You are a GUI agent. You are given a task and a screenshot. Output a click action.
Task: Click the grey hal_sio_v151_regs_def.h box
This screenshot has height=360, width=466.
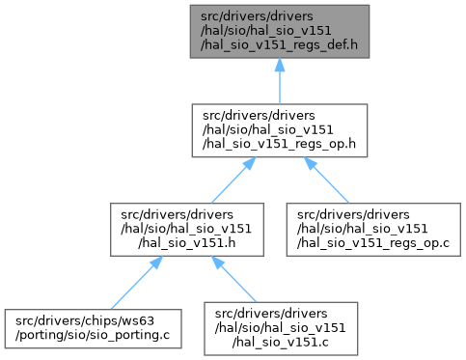point(280,32)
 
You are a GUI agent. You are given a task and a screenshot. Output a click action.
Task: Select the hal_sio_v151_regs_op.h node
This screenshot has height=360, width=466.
point(280,130)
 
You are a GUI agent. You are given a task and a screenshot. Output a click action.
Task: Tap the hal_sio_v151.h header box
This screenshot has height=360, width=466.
point(187,230)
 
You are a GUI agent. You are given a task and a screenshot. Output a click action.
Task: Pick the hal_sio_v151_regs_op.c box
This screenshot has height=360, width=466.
point(373,230)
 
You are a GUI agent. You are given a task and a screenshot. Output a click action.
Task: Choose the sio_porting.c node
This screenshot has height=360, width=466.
point(93,328)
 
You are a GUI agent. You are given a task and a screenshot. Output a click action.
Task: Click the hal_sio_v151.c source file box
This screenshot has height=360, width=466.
point(281,328)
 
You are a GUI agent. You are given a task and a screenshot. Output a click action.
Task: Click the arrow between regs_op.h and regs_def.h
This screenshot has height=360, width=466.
point(280,81)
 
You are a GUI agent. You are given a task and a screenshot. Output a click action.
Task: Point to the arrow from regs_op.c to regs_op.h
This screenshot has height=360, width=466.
point(326,180)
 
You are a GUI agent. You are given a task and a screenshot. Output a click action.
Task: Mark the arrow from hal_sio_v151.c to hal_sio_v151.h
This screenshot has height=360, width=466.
point(233,279)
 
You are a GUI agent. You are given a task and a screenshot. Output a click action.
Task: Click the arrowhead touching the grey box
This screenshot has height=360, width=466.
point(280,65)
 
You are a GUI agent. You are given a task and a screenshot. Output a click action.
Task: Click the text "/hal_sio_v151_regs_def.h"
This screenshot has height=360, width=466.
point(279,45)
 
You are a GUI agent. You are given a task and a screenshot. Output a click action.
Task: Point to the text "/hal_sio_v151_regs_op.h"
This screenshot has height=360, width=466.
point(279,144)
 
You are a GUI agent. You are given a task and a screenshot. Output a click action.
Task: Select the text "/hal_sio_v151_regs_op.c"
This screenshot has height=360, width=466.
point(373,243)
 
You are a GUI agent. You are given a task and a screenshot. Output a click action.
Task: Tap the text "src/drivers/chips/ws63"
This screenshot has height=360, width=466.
point(85,320)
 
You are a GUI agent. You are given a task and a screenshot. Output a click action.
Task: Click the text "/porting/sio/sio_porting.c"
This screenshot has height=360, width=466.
point(93,335)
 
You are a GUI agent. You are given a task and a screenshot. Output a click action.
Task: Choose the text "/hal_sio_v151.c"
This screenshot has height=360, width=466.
point(281,343)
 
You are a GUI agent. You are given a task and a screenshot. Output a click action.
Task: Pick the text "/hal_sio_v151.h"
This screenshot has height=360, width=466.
point(187,243)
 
